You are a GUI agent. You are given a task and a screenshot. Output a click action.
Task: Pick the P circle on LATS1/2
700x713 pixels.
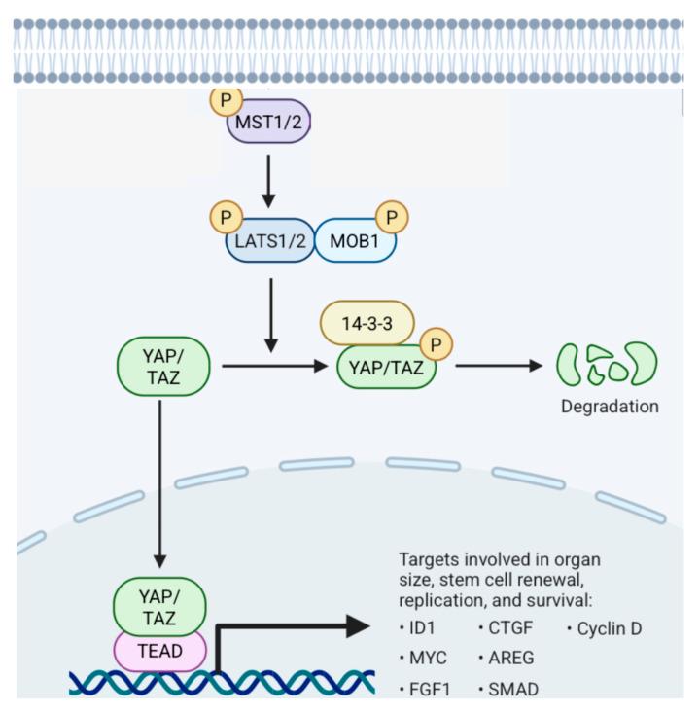227,215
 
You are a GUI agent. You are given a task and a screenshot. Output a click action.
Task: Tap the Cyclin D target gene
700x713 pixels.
608,628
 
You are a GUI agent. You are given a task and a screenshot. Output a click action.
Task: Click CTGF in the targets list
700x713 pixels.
509,628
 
